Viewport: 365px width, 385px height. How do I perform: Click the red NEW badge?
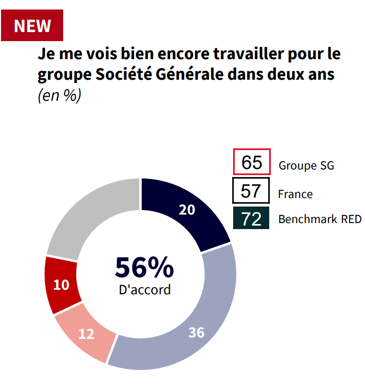[32, 25]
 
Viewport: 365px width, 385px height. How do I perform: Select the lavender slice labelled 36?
[211, 311]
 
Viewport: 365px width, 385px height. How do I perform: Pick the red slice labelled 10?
[62, 285]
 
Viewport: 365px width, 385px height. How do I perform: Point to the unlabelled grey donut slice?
[90, 216]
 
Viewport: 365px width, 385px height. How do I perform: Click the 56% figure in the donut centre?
[144, 267]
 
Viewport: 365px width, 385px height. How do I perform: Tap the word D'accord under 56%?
[144, 290]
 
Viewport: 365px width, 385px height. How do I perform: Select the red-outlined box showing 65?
[252, 162]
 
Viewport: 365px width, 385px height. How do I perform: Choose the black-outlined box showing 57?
[251, 191]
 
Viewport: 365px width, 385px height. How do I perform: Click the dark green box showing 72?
[251, 219]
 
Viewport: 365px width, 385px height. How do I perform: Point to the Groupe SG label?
[306, 165]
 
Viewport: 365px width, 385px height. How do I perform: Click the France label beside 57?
[295, 194]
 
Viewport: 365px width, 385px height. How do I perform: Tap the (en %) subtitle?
[59, 95]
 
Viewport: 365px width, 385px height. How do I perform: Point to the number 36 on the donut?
[197, 332]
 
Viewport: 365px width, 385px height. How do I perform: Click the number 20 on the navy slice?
[187, 210]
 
